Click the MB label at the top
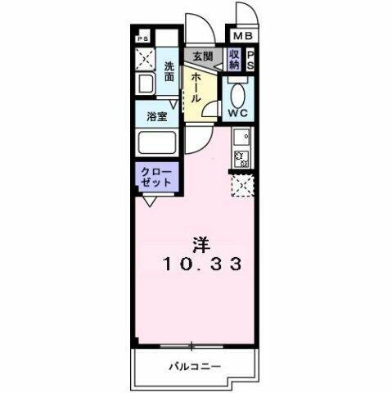[245, 37]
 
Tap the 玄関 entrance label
[202, 56]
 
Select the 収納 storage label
[235, 59]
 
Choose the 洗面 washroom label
[169, 71]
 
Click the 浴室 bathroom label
[157, 116]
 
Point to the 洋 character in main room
[201, 244]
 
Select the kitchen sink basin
[242, 138]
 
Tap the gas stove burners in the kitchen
[242, 158]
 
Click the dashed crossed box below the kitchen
[242, 186]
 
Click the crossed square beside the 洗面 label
[146, 60]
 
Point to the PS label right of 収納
[251, 59]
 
